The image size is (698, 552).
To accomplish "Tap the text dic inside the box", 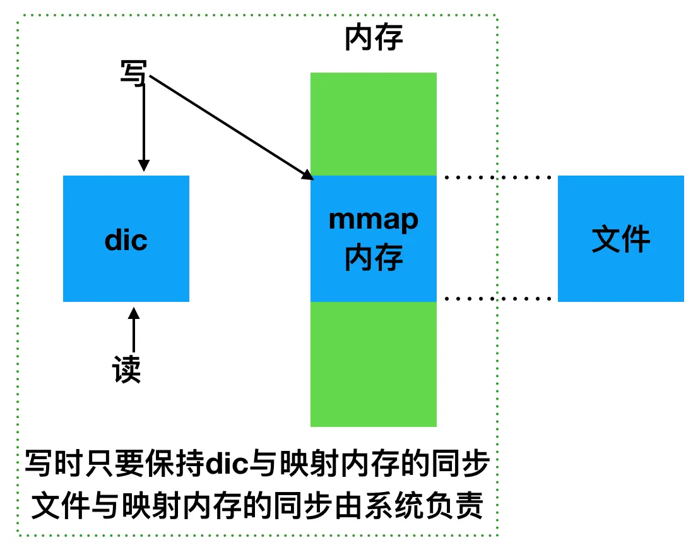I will tap(126, 241).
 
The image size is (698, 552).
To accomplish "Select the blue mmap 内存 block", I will tap(373, 189).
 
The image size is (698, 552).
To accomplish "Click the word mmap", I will tap(373, 220).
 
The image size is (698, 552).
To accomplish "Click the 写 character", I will tap(133, 73).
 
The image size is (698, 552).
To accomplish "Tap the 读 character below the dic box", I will tap(127, 369).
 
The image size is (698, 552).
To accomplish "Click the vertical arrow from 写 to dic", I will tap(144, 126).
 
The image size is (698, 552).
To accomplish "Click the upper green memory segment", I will tap(373, 124).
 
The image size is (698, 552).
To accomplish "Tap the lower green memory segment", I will tap(373, 364).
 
